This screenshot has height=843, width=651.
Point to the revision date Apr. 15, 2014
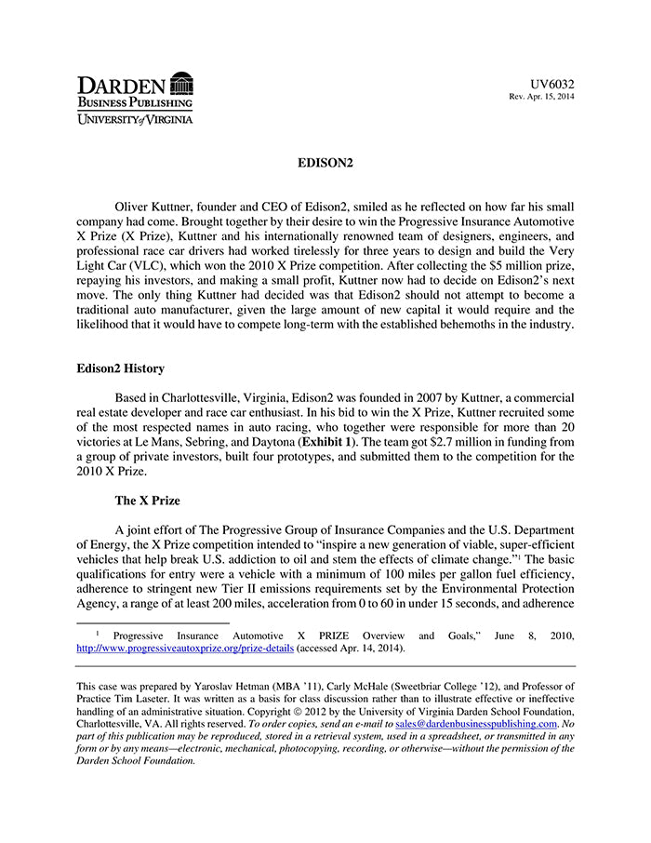coord(549,97)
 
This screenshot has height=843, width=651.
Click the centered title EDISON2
coord(325,163)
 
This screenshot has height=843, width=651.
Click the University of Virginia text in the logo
coord(135,120)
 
